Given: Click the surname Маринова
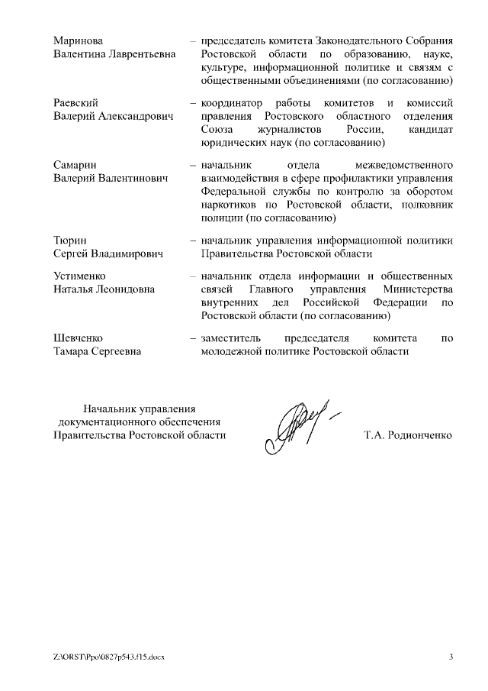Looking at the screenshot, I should pos(78,40).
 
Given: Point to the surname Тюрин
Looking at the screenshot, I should pos(69,240).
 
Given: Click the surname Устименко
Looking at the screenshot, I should pos(80,276).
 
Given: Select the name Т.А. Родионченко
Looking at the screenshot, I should pos(409,435).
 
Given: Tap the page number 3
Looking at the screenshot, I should pos(451,657).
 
